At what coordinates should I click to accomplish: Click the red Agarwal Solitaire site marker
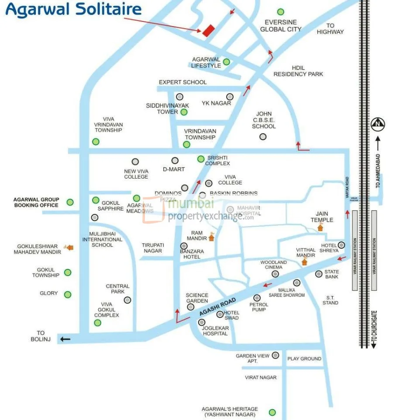point(208,30)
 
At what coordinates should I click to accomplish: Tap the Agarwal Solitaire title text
point(74,10)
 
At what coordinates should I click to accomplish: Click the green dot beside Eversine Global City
point(281,12)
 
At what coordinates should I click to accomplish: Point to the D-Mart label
point(174,169)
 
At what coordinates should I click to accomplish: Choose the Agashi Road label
point(217,307)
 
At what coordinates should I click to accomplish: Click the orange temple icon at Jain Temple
point(320,227)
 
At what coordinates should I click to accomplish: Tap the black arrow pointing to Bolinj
point(65,339)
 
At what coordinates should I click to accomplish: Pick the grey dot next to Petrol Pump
point(257,298)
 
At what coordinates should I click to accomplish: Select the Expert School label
point(182,82)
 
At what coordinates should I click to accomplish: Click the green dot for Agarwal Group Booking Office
point(70,202)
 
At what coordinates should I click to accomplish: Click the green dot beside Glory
point(68,295)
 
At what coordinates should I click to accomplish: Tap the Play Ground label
point(304,358)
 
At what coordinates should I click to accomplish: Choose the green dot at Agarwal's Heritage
point(272,412)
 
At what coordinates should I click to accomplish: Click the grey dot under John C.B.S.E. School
point(263,137)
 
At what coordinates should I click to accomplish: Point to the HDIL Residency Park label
point(298,71)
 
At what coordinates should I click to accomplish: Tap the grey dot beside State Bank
point(319,274)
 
